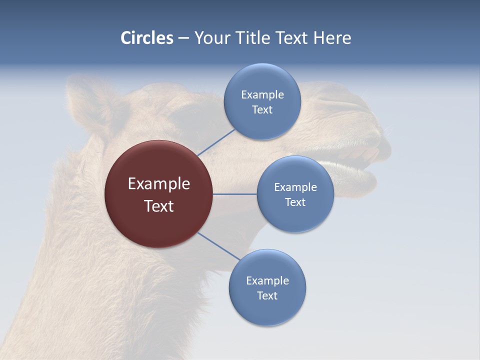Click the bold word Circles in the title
[x=146, y=38]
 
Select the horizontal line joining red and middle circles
[x=234, y=194]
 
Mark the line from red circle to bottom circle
[x=218, y=246]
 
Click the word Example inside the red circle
[x=158, y=183]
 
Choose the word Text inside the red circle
[x=158, y=206]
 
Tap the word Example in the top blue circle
[x=262, y=94]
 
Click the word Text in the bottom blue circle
[x=267, y=295]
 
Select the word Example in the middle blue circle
[x=295, y=187]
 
